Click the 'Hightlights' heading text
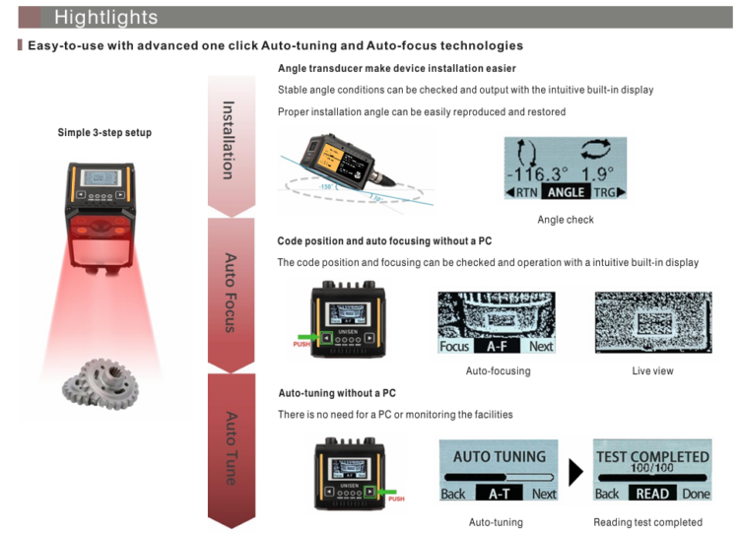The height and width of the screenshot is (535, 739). (105, 17)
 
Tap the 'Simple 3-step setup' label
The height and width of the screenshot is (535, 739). (104, 133)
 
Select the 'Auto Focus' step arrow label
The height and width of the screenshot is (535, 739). (230, 293)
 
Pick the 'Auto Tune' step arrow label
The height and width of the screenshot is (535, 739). (230, 447)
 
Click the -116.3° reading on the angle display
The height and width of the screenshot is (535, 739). (538, 174)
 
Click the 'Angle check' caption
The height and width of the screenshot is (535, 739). (566, 220)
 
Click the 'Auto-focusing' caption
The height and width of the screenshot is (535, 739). (498, 371)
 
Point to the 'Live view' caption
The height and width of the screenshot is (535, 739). (652, 371)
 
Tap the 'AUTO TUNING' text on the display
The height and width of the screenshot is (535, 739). (499, 457)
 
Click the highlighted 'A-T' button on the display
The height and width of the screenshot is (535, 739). (499, 494)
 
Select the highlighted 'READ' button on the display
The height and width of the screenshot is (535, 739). (652, 494)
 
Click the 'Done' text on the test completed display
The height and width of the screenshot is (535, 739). (696, 494)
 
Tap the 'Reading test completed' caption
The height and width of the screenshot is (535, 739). (647, 522)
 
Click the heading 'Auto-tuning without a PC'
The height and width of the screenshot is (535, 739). (337, 393)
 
